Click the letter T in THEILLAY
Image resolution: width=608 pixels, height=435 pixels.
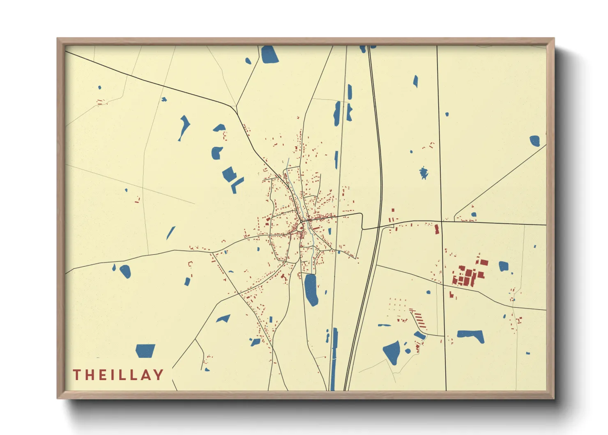coord(77,375)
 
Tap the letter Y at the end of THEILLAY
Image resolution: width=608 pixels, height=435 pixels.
coord(159,375)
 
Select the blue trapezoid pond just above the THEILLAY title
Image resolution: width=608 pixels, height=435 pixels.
coord(145,351)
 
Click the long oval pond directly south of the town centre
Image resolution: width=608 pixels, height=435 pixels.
coord(311,289)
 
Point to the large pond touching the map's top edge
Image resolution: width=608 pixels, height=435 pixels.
coord(269,54)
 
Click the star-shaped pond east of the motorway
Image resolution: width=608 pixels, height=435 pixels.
coord(424,173)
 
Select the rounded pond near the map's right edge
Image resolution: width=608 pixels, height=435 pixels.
coord(534,141)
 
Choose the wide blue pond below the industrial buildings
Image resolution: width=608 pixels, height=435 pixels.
coord(471,336)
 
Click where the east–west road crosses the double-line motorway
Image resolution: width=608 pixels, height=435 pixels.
coord(379,227)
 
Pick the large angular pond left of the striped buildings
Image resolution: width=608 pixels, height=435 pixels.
coord(392,352)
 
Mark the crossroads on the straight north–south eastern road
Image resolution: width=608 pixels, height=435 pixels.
coord(442,222)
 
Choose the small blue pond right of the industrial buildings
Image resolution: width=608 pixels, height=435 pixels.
coord(504,266)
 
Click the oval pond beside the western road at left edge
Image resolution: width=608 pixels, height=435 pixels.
coord(125,271)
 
